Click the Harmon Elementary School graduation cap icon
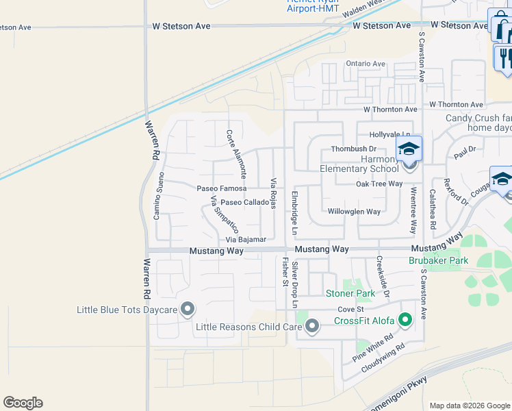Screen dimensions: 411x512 [409, 149]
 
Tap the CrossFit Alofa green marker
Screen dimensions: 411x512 [405, 319]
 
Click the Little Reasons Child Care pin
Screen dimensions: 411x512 [312, 326]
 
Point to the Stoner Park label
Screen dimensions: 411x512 [350, 293]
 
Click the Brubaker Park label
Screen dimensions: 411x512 [438, 260]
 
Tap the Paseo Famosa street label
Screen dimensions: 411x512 [221, 188]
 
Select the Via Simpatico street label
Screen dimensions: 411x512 [225, 216]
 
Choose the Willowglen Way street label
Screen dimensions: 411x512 [354, 212]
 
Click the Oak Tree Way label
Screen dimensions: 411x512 [379, 184]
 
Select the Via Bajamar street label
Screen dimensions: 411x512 [246, 240]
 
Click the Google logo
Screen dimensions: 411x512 [23, 403]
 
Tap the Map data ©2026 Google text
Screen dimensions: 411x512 [470, 406]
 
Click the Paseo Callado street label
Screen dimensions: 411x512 [244, 203]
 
